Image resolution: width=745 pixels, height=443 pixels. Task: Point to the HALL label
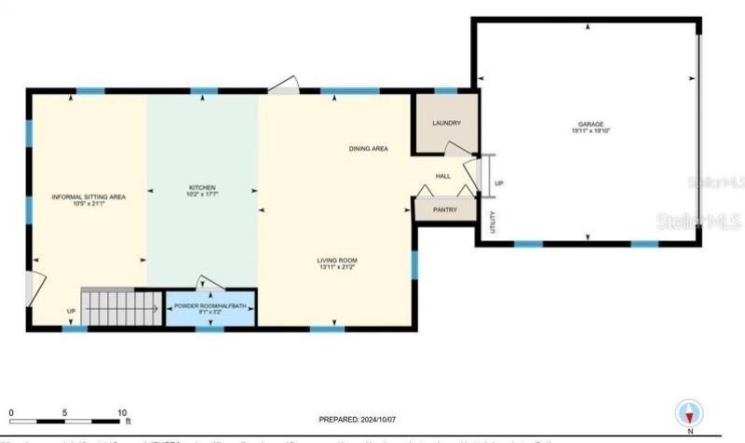pos(443,176)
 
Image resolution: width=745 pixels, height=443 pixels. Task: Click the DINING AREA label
pos(368,149)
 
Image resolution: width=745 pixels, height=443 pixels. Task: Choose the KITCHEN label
pos(202,188)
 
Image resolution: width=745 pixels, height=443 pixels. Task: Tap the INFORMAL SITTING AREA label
pos(88,196)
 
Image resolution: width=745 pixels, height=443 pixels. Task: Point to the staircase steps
pos(118,303)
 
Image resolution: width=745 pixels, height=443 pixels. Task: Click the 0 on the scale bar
pos(11,410)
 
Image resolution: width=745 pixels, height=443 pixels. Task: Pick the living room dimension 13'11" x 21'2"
pos(338,267)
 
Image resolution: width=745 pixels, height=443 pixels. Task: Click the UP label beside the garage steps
pos(499,183)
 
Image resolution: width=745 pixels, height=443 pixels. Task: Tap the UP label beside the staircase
pos(71,311)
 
